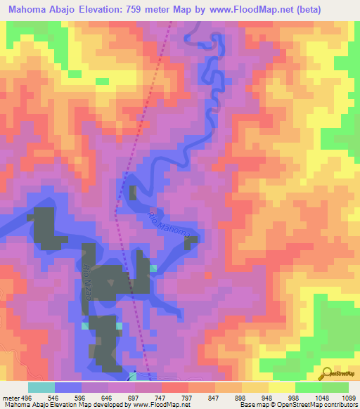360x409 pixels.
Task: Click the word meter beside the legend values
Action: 10,398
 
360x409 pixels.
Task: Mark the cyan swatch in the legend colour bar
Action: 41,387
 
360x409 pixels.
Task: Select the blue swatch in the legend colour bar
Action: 68,387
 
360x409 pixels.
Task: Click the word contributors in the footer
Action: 340,405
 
